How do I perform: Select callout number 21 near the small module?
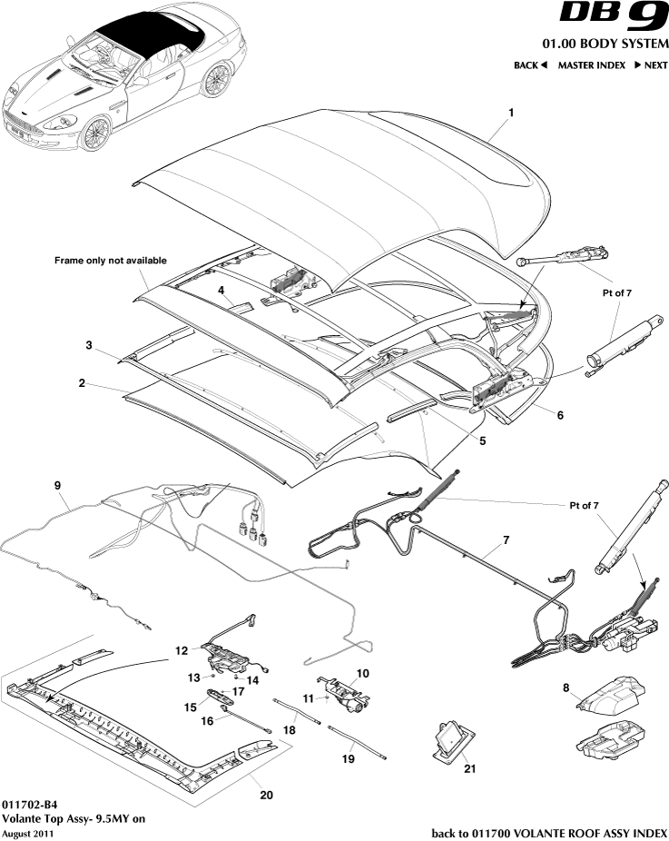[468, 768]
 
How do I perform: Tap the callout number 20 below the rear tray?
[266, 795]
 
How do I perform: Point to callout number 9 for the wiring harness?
[58, 486]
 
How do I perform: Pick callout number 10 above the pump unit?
[363, 673]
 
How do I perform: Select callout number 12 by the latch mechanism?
[182, 650]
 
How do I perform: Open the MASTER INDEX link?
[591, 65]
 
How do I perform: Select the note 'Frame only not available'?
[111, 261]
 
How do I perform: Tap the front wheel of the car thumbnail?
[97, 134]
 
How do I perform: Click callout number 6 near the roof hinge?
[560, 415]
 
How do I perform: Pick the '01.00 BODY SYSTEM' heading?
[605, 44]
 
